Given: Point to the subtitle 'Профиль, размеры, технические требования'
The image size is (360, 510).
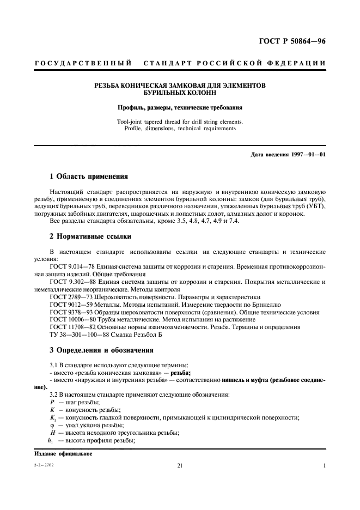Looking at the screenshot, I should (x=180, y=108).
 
